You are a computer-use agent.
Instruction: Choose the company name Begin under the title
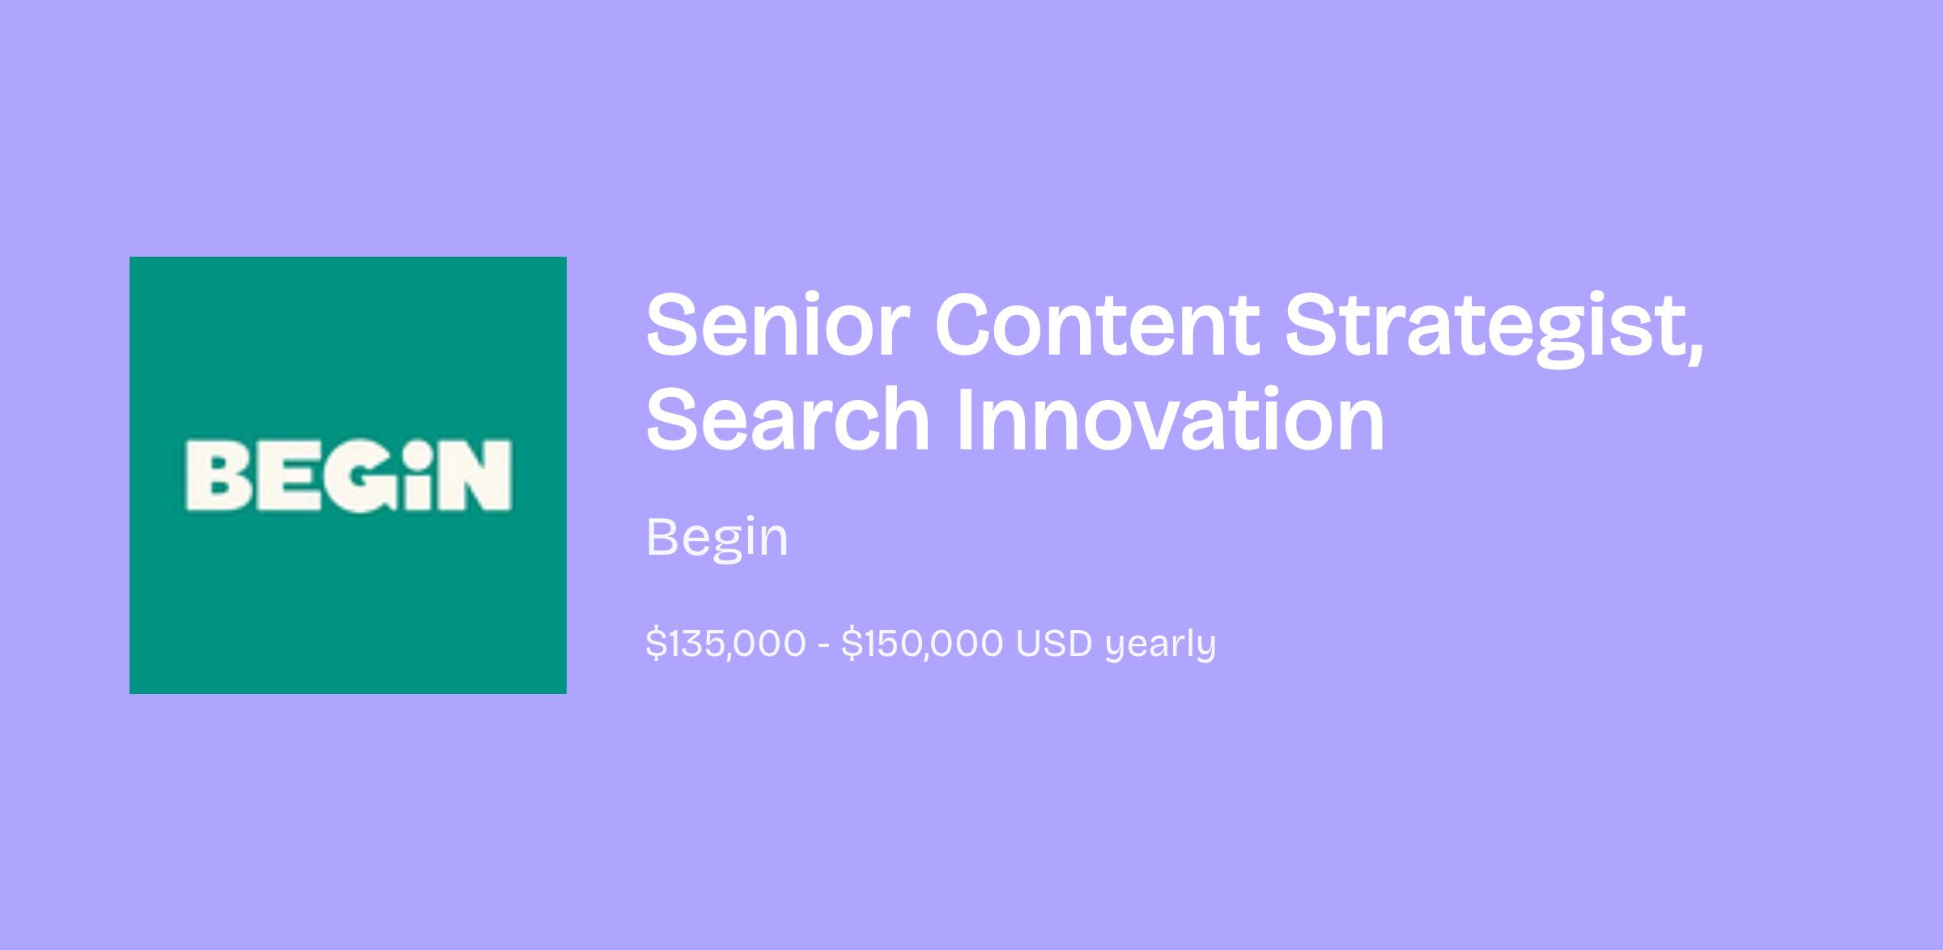[717, 539]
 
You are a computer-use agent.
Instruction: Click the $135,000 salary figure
[726, 645]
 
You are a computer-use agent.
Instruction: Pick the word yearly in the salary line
[1161, 646]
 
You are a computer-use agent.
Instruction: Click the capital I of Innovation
[966, 420]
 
